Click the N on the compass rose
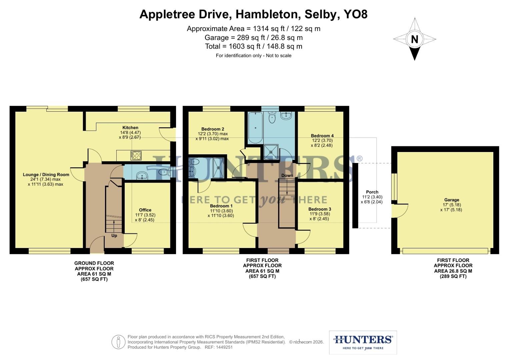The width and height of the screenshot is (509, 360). [x=414, y=39]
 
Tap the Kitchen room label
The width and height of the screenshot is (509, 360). [x=130, y=128]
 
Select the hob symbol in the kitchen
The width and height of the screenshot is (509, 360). [x=136, y=156]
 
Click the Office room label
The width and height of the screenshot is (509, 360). [x=145, y=210]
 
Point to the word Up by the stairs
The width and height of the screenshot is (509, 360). [x=114, y=236]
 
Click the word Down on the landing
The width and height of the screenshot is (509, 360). [x=287, y=175]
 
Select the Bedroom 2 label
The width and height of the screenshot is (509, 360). [x=213, y=129]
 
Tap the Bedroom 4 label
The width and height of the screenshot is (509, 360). [x=322, y=136]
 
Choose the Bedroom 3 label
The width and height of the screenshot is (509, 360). [x=320, y=209]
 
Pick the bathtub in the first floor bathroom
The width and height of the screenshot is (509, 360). [x=256, y=128]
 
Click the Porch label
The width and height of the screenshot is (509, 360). [x=372, y=192]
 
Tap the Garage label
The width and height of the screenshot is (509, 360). [x=451, y=200]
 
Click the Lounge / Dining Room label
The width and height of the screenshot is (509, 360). [x=46, y=175]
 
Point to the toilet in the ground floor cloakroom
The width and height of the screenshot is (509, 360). [x=164, y=172]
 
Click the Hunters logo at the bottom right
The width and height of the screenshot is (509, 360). [x=363, y=342]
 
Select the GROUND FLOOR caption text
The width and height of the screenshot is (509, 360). [x=94, y=263]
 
